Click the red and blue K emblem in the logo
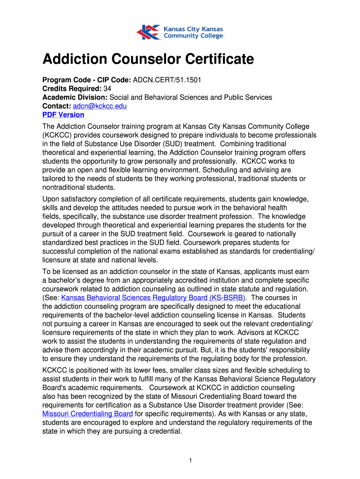pyautogui.click(x=148, y=32)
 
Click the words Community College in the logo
pyautogui.click(x=194, y=36)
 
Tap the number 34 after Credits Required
pyautogui.click(x=107, y=89)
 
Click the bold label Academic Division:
pyautogui.click(x=75, y=97)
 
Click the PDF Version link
pyautogui.click(x=63, y=115)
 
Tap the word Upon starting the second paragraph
pyautogui.click(x=51, y=199)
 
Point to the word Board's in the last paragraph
pyautogui.click(x=54, y=388)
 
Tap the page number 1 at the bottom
pyautogui.click(x=190, y=461)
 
